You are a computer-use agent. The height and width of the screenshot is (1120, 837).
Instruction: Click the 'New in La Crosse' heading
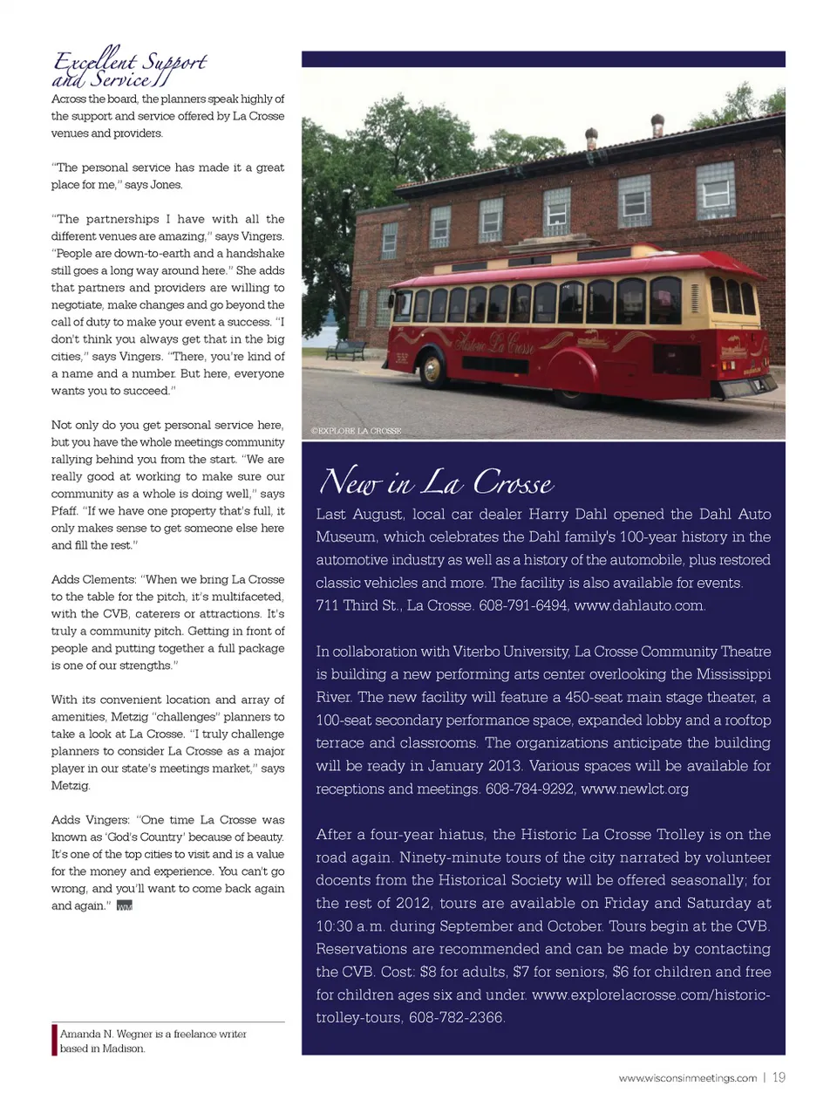[436, 482]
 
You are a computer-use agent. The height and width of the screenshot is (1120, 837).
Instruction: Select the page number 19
[779, 1077]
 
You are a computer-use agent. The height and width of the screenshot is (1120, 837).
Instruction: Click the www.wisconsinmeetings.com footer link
[688, 1078]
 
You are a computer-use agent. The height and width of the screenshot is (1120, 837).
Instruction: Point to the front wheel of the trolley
[432, 370]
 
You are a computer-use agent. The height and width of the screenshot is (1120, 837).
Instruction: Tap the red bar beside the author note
[54, 1040]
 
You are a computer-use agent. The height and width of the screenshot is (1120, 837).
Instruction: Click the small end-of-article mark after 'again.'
[124, 906]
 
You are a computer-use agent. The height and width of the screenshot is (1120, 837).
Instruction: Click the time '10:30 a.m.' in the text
[353, 925]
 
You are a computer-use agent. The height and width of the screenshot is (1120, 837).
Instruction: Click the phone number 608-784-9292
[529, 789]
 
